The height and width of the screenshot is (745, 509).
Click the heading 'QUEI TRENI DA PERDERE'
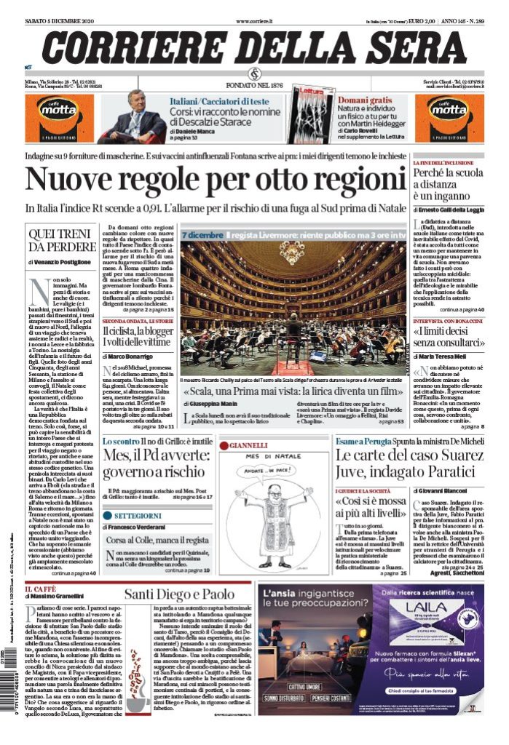click(62, 239)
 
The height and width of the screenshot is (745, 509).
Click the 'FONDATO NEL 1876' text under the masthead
click(254, 86)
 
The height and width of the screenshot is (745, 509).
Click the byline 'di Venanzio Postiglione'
click(60, 261)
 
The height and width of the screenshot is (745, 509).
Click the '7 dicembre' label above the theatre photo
click(202, 235)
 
